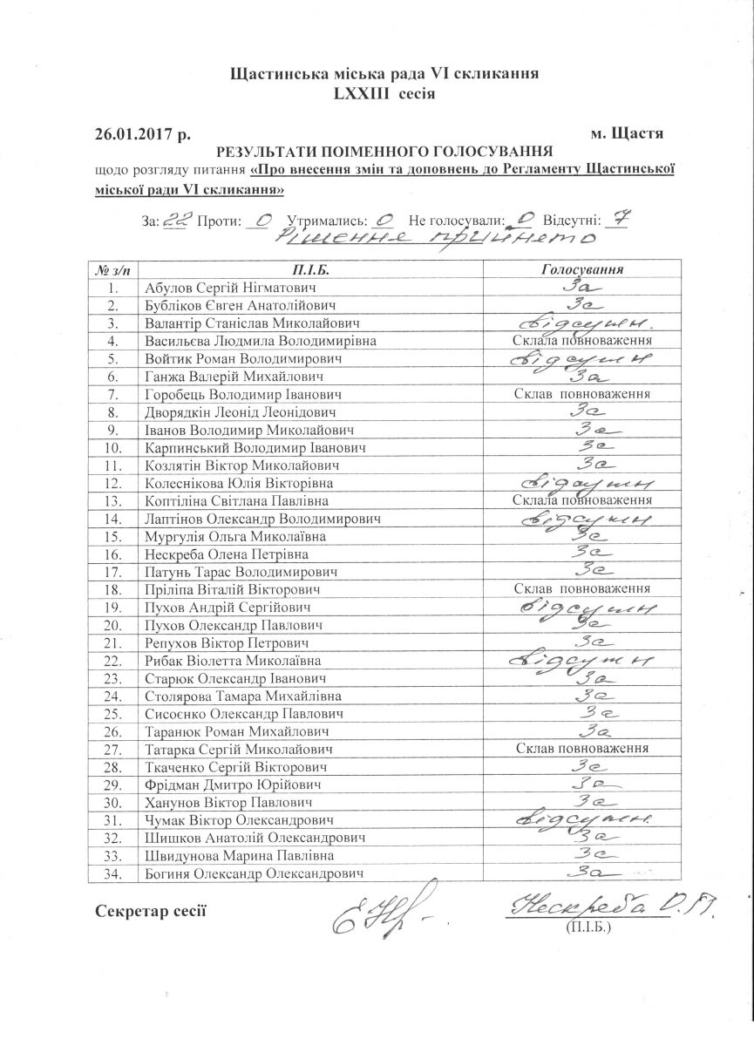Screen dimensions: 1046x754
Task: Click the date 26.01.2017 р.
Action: tap(142, 134)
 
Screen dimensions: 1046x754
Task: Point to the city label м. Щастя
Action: tap(627, 134)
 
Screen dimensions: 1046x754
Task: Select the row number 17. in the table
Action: tap(111, 572)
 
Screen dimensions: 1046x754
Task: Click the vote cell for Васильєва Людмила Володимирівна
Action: tap(583, 341)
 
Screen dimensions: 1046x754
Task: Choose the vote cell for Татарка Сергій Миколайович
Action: tap(583, 749)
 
